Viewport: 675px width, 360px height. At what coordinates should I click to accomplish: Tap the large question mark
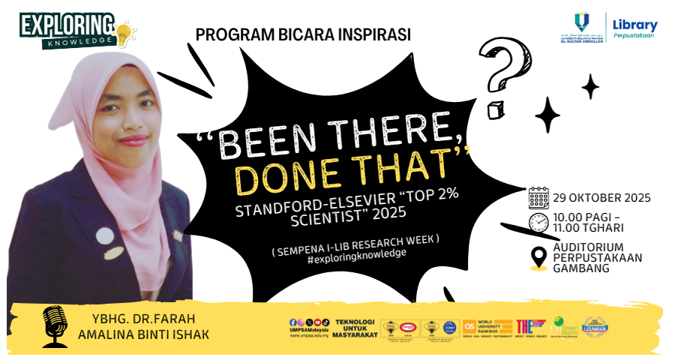[x=502, y=67]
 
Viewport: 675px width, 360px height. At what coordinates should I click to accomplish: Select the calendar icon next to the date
[x=539, y=198]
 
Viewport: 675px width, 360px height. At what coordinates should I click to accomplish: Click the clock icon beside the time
[x=538, y=223]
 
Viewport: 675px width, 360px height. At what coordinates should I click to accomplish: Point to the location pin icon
[x=538, y=257]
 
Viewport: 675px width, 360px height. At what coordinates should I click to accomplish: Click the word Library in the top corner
[x=634, y=25]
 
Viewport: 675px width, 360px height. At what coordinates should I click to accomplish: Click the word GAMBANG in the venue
[x=581, y=268]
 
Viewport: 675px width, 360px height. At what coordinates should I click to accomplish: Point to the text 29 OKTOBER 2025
[x=601, y=199]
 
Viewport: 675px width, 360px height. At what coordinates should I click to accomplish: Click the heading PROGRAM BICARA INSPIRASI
[x=303, y=34]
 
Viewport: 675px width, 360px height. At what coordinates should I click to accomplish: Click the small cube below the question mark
[x=494, y=111]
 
